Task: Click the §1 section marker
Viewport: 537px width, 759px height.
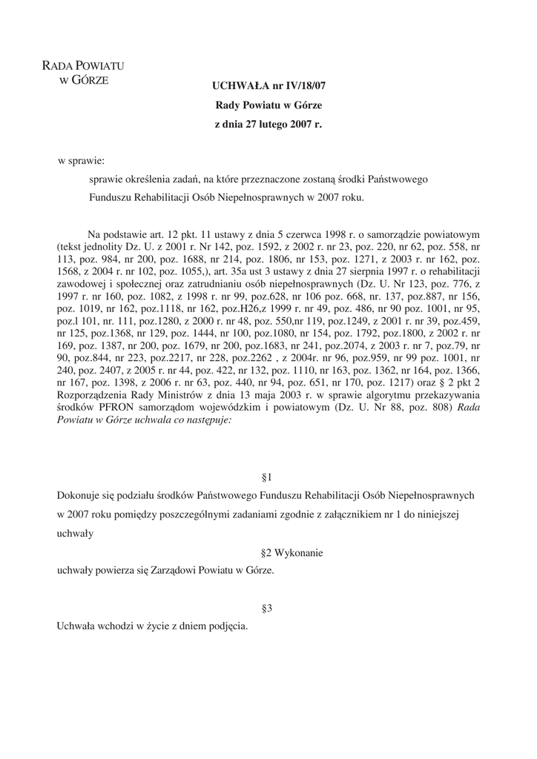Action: tap(268, 477)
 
